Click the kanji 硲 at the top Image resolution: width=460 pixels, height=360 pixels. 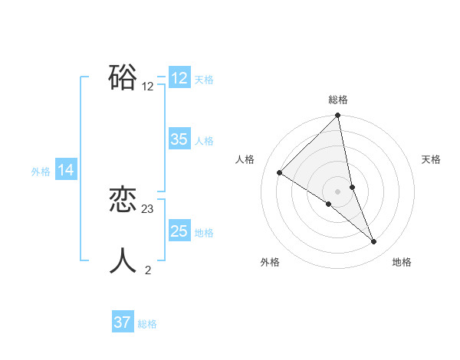click(x=123, y=77)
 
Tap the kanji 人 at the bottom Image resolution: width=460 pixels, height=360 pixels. click(x=123, y=260)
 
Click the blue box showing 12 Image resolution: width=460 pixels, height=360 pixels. click(x=179, y=78)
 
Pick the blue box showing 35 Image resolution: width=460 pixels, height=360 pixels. click(x=179, y=139)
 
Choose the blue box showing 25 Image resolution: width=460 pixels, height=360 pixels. click(x=179, y=231)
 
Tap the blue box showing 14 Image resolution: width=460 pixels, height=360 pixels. click(x=66, y=170)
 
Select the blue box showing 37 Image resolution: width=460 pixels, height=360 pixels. click(x=123, y=322)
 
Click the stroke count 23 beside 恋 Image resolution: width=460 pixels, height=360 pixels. click(x=148, y=208)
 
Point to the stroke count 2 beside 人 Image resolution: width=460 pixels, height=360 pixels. click(x=148, y=270)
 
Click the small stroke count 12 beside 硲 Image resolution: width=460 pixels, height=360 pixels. click(x=148, y=87)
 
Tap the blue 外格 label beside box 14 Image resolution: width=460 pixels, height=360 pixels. click(x=41, y=172)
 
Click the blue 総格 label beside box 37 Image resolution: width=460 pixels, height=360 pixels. click(x=147, y=324)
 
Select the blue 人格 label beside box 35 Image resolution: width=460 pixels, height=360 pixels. click(x=205, y=141)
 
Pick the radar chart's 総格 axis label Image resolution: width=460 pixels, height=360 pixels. click(x=338, y=100)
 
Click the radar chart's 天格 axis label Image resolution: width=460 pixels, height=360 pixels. click(x=431, y=159)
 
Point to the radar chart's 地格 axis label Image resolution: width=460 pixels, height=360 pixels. click(x=402, y=262)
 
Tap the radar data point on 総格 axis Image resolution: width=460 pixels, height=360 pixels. click(x=338, y=116)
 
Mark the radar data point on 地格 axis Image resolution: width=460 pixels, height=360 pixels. click(x=374, y=242)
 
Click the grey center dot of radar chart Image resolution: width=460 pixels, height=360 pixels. click(x=338, y=191)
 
